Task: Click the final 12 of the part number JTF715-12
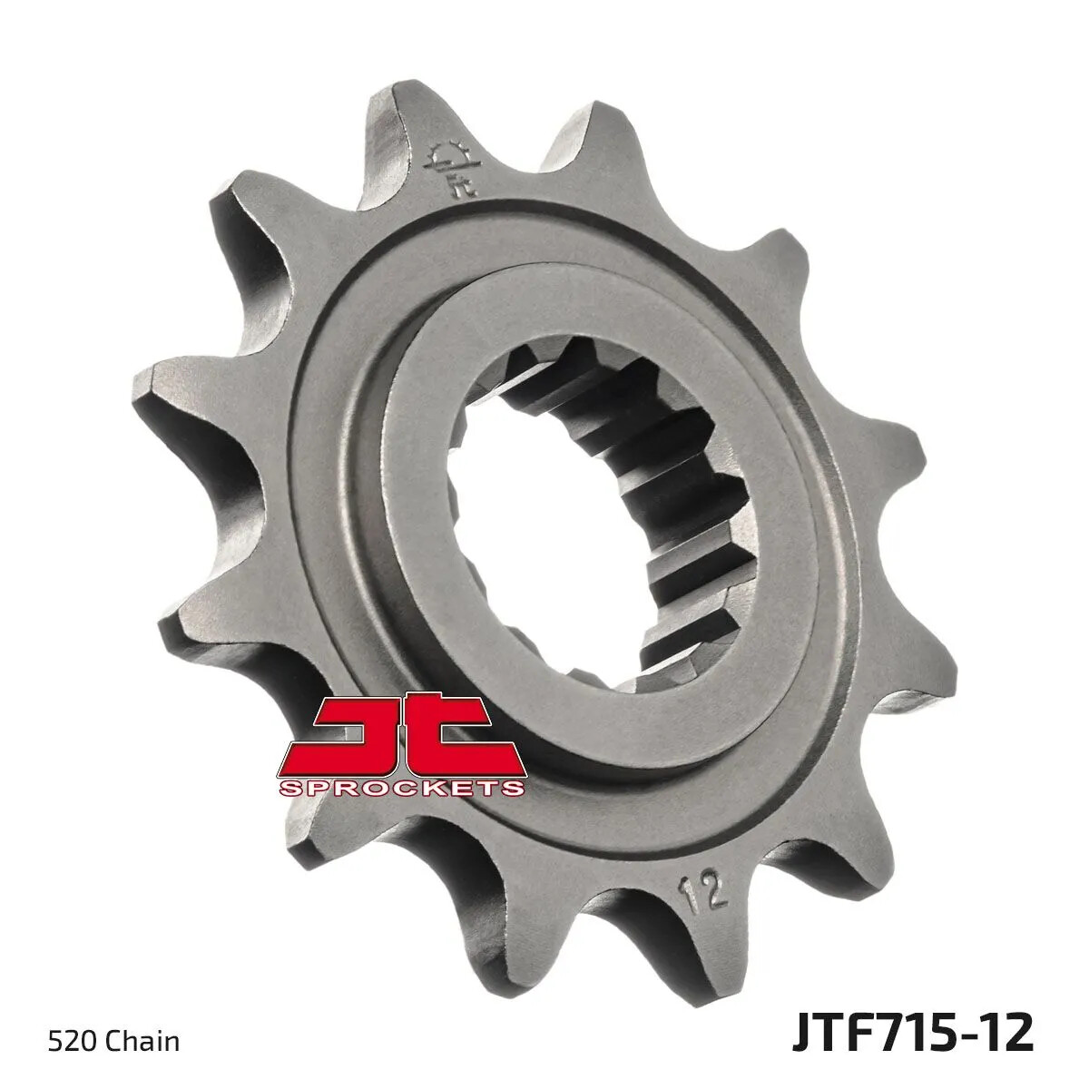[x=1005, y=1034]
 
